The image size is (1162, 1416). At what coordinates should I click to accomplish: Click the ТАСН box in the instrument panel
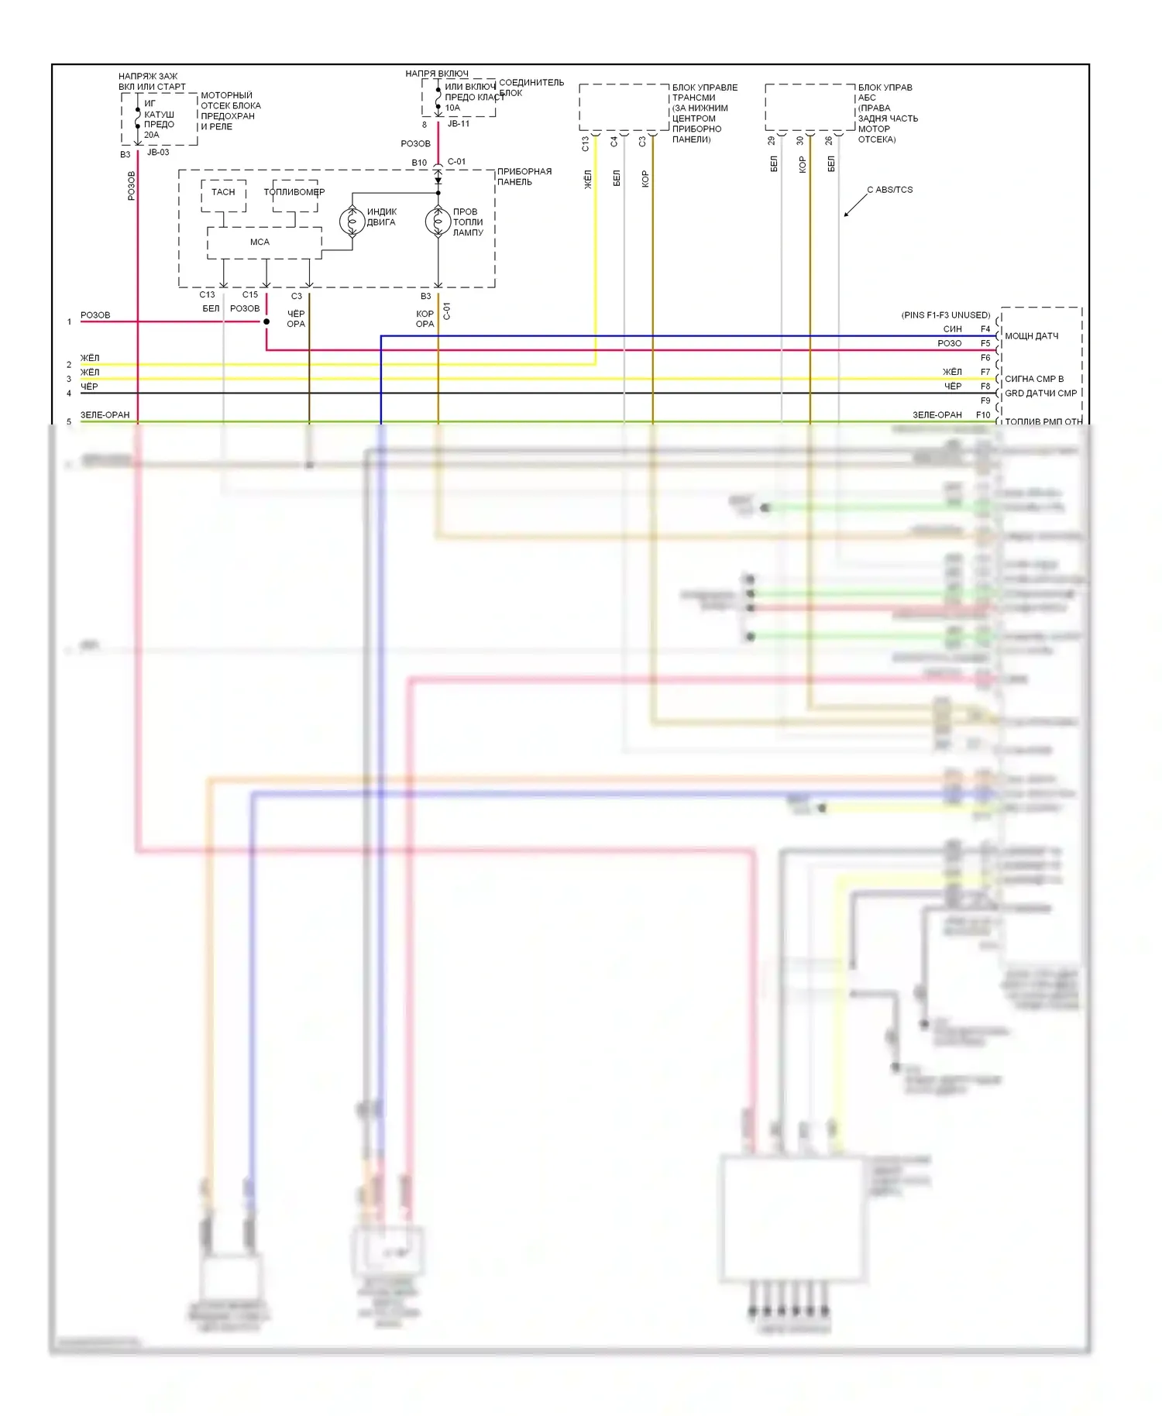pyautogui.click(x=223, y=192)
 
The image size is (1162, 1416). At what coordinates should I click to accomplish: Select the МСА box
pyautogui.click(x=260, y=242)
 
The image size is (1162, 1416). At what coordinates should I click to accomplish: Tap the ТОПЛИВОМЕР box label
pyautogui.click(x=294, y=192)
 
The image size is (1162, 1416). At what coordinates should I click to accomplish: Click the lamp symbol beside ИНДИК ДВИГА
pyautogui.click(x=352, y=222)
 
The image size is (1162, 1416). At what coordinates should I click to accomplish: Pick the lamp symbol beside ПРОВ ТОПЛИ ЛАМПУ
pyautogui.click(x=438, y=222)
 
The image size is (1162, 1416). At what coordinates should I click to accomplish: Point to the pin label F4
pyautogui.click(x=985, y=329)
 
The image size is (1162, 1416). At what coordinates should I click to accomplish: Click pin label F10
pyautogui.click(x=983, y=415)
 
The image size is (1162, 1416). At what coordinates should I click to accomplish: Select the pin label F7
pyautogui.click(x=985, y=373)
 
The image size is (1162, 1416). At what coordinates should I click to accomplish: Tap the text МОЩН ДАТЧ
pyautogui.click(x=1032, y=336)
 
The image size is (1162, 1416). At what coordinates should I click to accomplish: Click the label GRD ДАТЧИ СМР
pyautogui.click(x=1040, y=394)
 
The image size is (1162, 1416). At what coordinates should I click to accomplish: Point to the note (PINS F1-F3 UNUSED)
pyautogui.click(x=945, y=315)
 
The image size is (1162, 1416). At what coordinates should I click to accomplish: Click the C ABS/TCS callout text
pyautogui.click(x=889, y=190)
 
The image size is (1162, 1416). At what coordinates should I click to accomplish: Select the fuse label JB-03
pyautogui.click(x=158, y=153)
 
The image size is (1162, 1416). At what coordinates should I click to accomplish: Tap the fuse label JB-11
pyautogui.click(x=459, y=124)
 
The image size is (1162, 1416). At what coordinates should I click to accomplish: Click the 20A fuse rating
pyautogui.click(x=151, y=135)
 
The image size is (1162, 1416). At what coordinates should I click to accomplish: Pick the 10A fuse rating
pyautogui.click(x=452, y=108)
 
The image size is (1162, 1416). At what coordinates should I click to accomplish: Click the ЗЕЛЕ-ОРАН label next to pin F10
pyautogui.click(x=937, y=415)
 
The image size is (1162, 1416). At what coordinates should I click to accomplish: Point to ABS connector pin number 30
pyautogui.click(x=800, y=141)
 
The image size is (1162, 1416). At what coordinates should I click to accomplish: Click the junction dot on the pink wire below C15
pyautogui.click(x=266, y=321)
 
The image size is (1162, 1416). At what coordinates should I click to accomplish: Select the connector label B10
pyautogui.click(x=419, y=163)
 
